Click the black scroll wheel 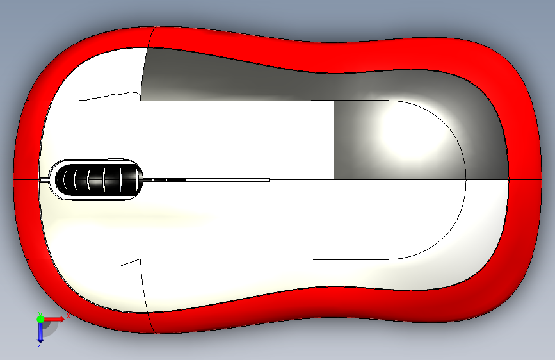coord(96,179)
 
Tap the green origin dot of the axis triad coord(40,318)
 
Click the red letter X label coord(67,316)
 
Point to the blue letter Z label coord(40,345)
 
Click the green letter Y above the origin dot coord(40,312)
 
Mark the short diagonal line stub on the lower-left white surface coord(130,262)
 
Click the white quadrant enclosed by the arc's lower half coord(397,218)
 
